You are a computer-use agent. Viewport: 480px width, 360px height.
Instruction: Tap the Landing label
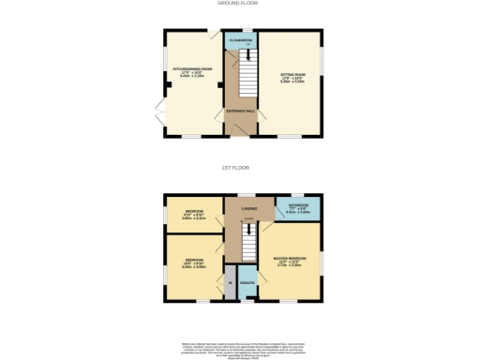point(249,207)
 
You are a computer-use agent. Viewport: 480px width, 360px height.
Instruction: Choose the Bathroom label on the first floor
point(298,206)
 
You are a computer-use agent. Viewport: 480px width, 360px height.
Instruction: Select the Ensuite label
point(247,281)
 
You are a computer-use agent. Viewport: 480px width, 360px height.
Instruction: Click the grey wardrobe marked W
point(230,282)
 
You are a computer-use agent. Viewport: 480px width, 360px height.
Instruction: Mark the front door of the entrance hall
point(243,134)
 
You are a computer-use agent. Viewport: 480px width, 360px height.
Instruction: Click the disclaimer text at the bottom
point(240,347)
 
